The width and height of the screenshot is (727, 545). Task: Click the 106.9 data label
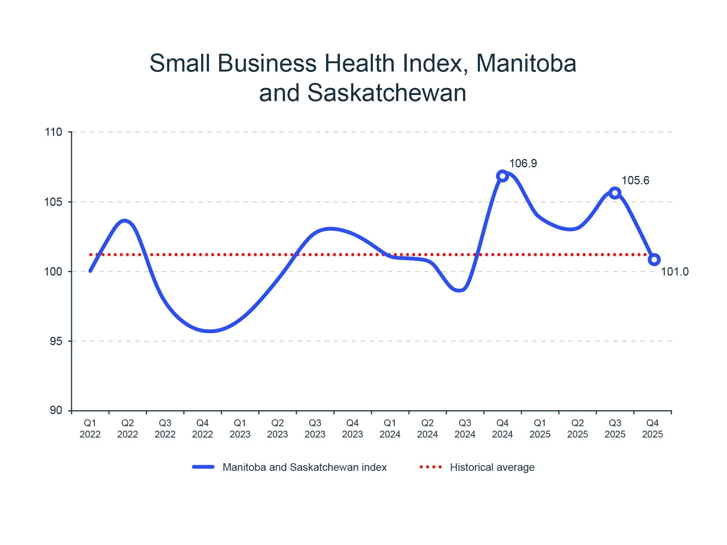click(x=523, y=163)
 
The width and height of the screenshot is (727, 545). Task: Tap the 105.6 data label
click(x=635, y=181)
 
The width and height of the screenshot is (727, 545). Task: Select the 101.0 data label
click(x=674, y=272)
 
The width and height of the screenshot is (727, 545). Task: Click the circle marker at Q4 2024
click(x=502, y=176)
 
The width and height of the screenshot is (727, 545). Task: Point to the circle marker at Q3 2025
click(x=615, y=193)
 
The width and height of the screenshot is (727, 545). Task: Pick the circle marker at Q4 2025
click(x=654, y=260)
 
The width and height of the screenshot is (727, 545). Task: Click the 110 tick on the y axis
click(x=53, y=132)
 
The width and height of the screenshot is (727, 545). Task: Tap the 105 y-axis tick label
click(x=53, y=202)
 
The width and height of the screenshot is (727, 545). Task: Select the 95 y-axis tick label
click(x=56, y=341)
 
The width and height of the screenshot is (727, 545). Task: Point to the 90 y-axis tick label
click(x=56, y=410)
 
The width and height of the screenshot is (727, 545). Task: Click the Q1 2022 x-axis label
click(x=90, y=428)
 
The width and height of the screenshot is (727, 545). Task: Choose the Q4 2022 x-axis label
click(x=203, y=428)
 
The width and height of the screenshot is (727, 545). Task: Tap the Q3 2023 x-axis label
click(x=315, y=428)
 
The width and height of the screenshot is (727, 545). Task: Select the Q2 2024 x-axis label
click(x=427, y=428)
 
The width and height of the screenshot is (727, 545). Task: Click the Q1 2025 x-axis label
click(x=540, y=428)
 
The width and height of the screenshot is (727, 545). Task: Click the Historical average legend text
click(x=492, y=467)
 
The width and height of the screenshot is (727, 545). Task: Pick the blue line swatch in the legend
click(x=203, y=467)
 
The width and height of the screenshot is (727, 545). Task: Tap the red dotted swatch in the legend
click(x=431, y=467)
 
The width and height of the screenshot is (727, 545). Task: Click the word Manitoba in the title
click(x=526, y=63)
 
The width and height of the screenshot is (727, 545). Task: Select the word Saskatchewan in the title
click(x=387, y=93)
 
